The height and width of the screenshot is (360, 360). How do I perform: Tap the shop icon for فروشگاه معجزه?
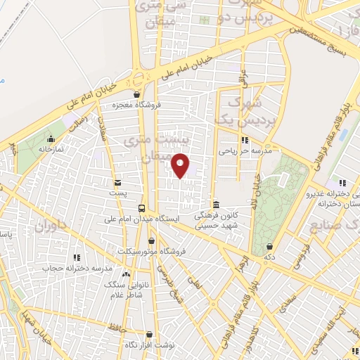[x=136, y=94]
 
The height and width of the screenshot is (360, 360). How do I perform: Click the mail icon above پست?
[x=117, y=181]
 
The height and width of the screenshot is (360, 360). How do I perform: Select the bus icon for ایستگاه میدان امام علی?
[x=142, y=208]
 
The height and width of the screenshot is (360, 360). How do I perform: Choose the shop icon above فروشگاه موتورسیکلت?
[x=150, y=240]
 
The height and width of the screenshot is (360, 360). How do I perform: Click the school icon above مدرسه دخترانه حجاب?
[x=77, y=257]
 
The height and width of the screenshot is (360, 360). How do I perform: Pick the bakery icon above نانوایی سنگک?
[x=126, y=274]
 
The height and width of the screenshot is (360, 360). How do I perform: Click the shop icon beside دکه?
[x=271, y=247]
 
